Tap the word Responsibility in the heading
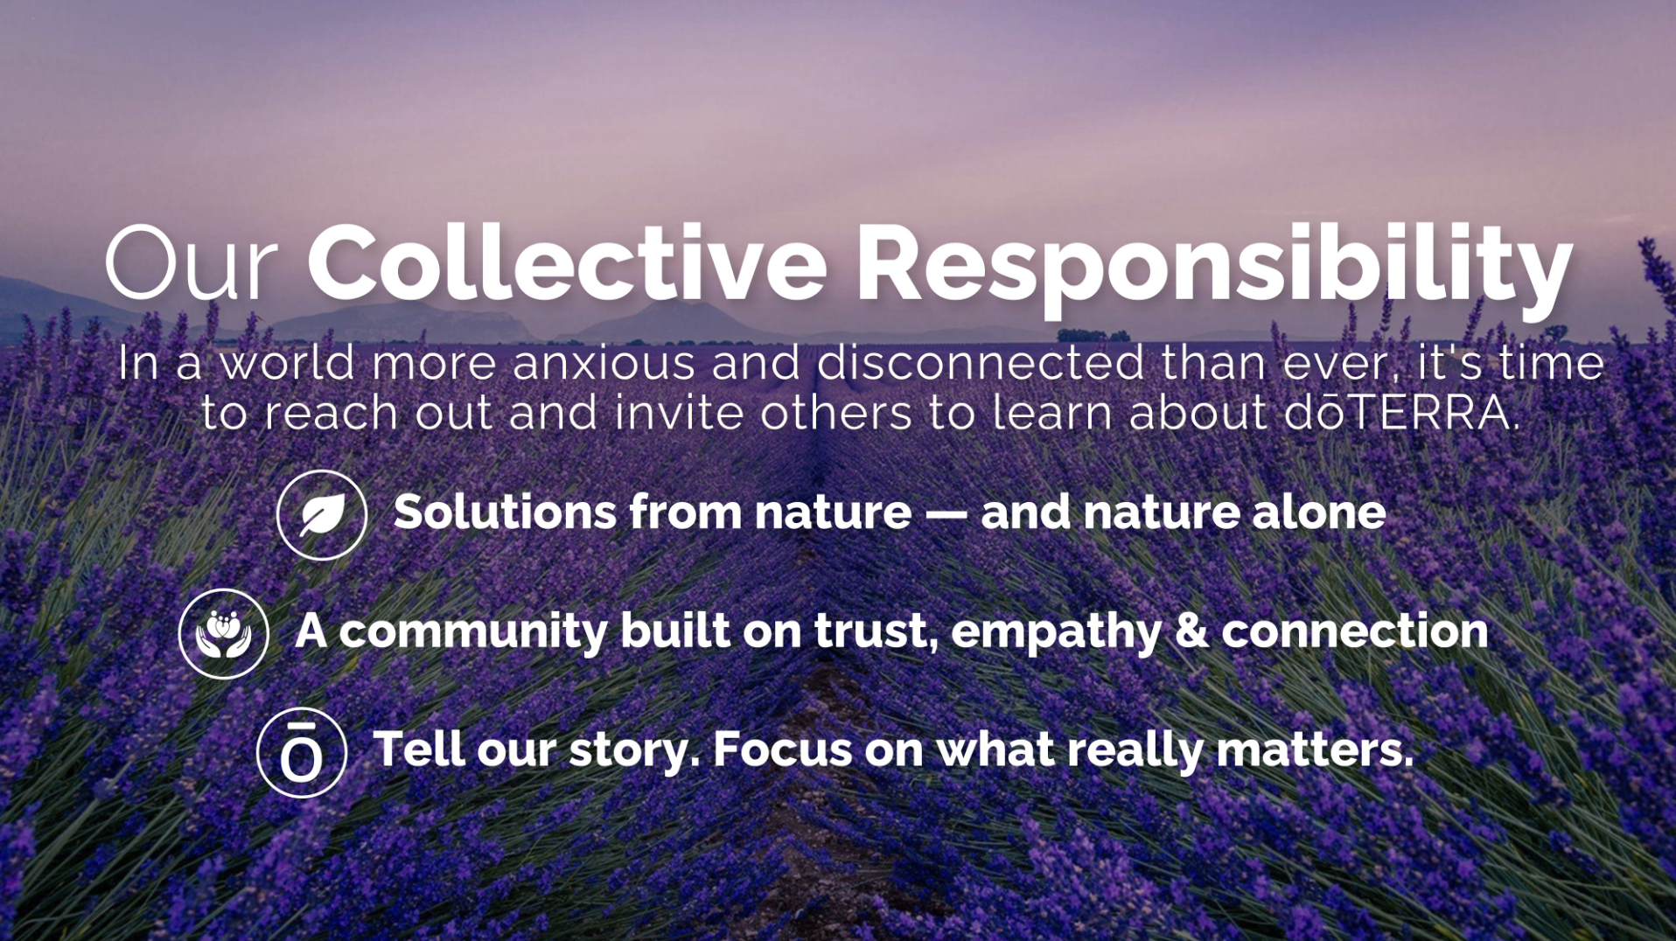pyautogui.click(x=1214, y=268)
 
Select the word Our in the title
pyautogui.click(x=191, y=263)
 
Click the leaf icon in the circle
pyautogui.click(x=322, y=515)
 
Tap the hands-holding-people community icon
pyautogui.click(x=223, y=634)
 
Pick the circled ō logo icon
pyautogui.click(x=302, y=753)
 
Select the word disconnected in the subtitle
pyautogui.click(x=981, y=363)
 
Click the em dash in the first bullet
pyautogui.click(x=946, y=512)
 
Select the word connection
pyautogui.click(x=1354, y=631)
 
